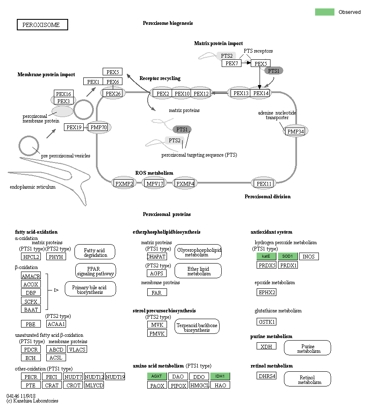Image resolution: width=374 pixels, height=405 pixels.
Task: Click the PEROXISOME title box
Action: (x=42, y=25)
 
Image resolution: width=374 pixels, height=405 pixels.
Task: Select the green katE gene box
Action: (x=266, y=256)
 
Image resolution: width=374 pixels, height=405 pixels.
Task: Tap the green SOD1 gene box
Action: (x=287, y=256)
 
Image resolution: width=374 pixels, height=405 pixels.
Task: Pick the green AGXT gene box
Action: (x=157, y=376)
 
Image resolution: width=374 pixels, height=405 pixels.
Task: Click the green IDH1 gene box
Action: (x=220, y=376)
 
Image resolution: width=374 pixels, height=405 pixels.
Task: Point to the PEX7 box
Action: (x=231, y=64)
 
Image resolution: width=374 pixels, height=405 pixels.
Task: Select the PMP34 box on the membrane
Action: (x=295, y=132)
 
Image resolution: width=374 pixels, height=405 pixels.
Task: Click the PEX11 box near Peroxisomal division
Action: (x=265, y=184)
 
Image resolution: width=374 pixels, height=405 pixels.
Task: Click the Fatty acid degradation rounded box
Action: (x=95, y=252)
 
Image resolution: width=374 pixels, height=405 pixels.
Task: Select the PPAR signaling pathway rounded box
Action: (x=95, y=271)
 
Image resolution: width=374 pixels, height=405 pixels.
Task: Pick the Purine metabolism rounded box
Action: (x=308, y=348)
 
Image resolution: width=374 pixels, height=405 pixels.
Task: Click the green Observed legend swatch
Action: (x=324, y=12)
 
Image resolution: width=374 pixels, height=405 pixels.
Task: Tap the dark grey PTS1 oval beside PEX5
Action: (x=273, y=71)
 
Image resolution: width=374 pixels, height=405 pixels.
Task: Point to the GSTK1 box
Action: (x=266, y=322)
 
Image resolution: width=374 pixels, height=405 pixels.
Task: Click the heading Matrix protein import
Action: (x=218, y=43)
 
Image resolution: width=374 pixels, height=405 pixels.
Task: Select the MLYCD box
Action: (x=94, y=385)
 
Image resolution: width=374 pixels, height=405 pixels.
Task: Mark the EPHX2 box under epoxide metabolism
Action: (x=266, y=292)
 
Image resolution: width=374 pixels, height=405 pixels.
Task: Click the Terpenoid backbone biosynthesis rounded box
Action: (x=197, y=327)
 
